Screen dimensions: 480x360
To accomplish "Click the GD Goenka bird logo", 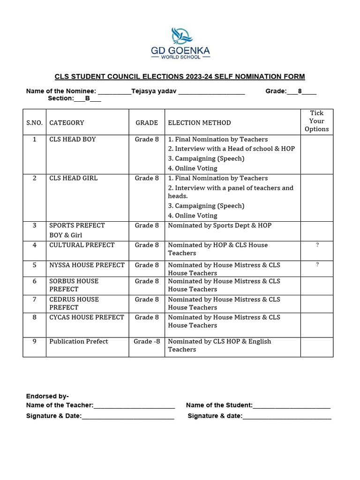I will [181, 36].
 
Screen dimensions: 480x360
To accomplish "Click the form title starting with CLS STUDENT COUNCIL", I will [180, 76].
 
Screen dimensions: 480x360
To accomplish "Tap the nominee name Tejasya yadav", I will [154, 91].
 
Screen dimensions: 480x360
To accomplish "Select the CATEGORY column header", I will [67, 123].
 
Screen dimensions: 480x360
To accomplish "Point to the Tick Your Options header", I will [316, 121].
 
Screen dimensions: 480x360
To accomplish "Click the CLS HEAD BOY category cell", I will [72, 139].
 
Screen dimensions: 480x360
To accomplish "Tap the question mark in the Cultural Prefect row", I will [317, 245].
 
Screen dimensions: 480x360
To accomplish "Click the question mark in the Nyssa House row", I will [317, 265].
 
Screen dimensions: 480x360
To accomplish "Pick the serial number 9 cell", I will [34, 341].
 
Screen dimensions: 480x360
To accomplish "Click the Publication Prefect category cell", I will [79, 341].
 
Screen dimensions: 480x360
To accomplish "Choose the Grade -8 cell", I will [147, 341].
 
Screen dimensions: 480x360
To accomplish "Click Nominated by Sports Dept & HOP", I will [219, 225].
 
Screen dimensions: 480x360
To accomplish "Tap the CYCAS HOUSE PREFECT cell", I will [87, 317].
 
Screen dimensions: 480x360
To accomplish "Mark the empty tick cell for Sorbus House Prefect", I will [316, 285].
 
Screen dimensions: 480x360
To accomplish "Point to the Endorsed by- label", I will [47, 396].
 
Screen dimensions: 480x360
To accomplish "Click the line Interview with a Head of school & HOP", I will [231, 149].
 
